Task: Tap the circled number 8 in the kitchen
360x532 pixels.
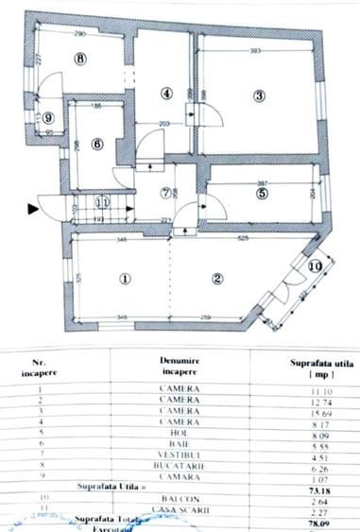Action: [81, 59]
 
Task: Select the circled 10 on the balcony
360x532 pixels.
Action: [315, 267]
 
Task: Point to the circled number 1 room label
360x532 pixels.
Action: [124, 279]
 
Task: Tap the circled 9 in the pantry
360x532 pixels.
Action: [48, 117]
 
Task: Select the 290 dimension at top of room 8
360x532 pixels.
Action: [77, 33]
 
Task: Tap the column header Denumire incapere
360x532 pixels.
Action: [178, 366]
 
